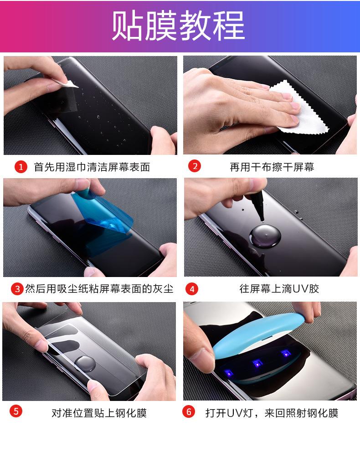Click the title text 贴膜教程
tap(179, 26)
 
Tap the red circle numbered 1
tap(21, 167)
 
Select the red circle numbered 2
tap(195, 166)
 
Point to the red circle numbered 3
tap(17, 289)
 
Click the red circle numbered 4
tap(192, 289)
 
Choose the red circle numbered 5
tap(16, 411)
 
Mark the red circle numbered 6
tap(189, 411)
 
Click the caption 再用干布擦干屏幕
tap(272, 167)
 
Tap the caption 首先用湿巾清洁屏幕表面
tap(92, 167)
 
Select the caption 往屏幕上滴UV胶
tap(279, 289)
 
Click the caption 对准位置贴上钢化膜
tap(99, 413)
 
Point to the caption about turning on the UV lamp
tap(272, 413)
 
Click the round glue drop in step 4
tap(265, 236)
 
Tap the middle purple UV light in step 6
tap(257, 363)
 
